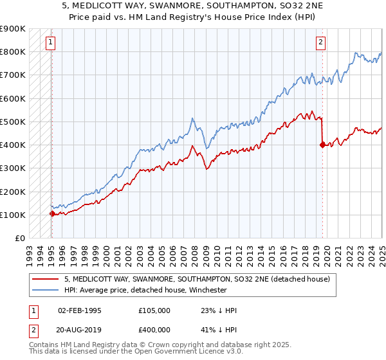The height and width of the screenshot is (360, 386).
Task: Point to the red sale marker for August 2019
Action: (322, 145)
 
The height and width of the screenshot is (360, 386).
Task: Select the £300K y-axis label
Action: (14, 168)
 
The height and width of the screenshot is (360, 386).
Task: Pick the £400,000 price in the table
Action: (154, 331)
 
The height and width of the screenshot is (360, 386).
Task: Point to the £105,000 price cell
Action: (154, 310)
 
